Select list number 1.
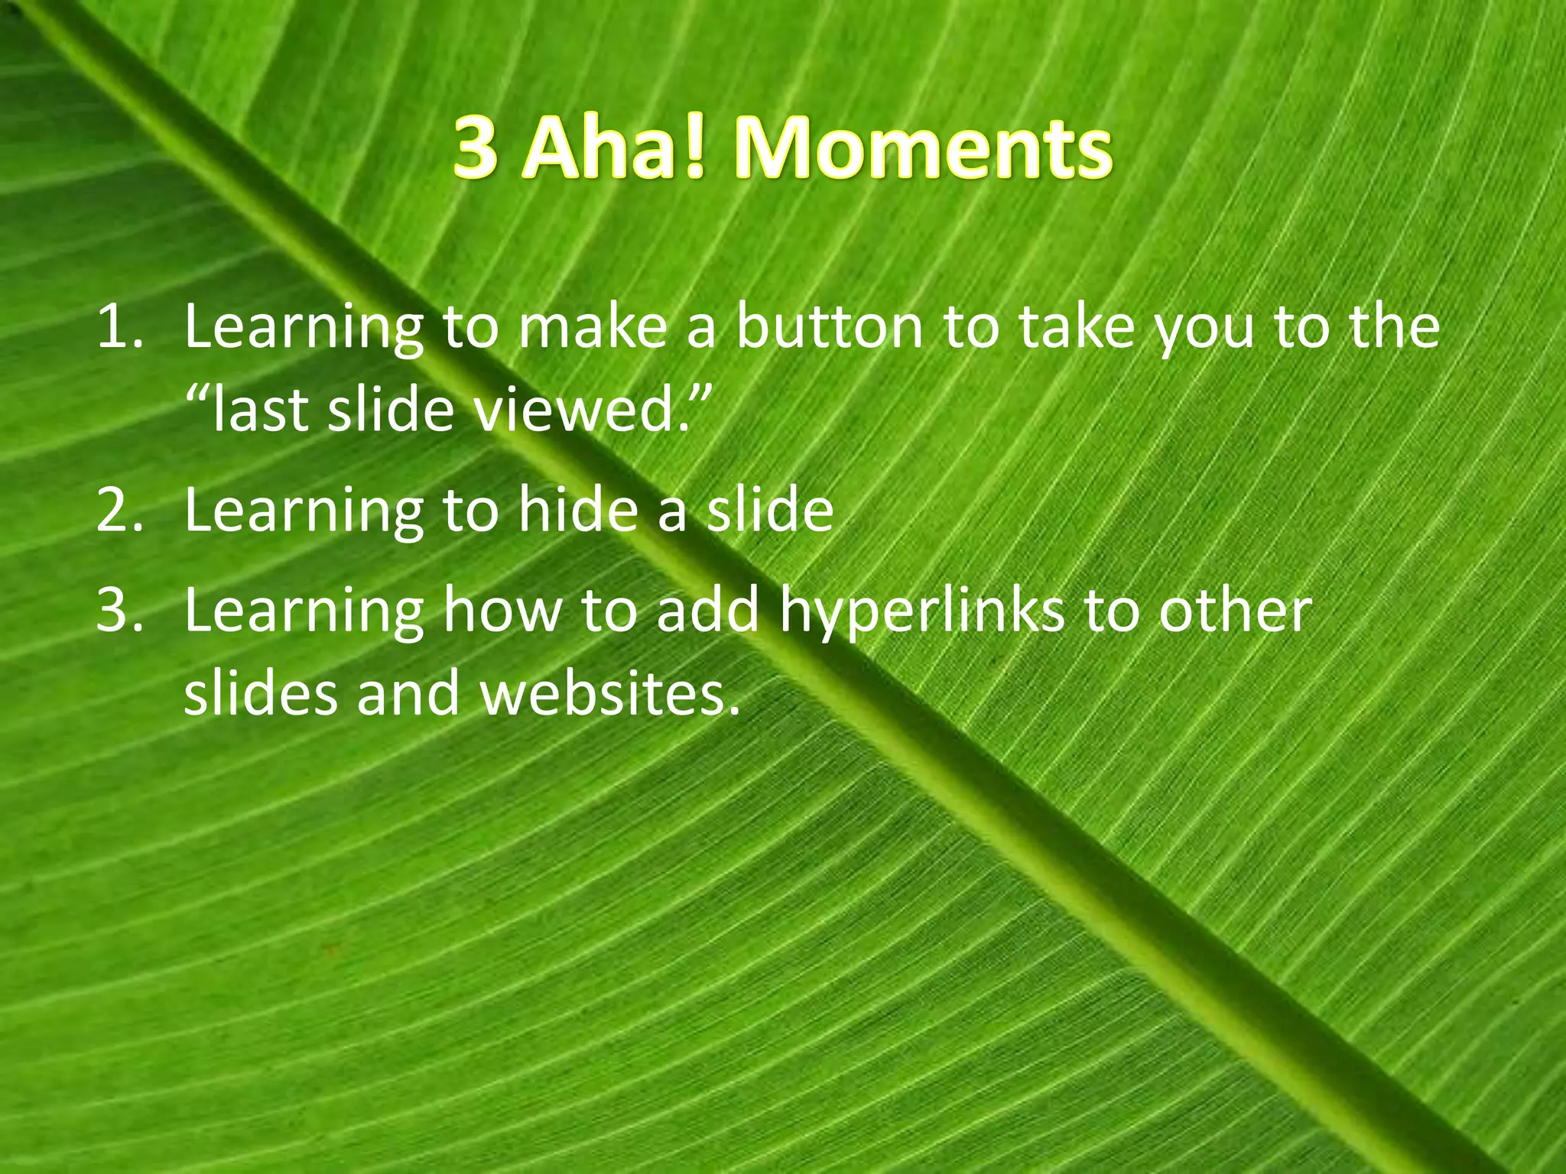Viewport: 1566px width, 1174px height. tap(119, 327)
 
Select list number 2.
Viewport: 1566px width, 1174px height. tap(119, 511)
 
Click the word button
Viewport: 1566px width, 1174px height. tap(829, 327)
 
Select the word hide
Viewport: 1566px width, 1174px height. tap(578, 511)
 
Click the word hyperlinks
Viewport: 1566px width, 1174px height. tap(921, 611)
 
